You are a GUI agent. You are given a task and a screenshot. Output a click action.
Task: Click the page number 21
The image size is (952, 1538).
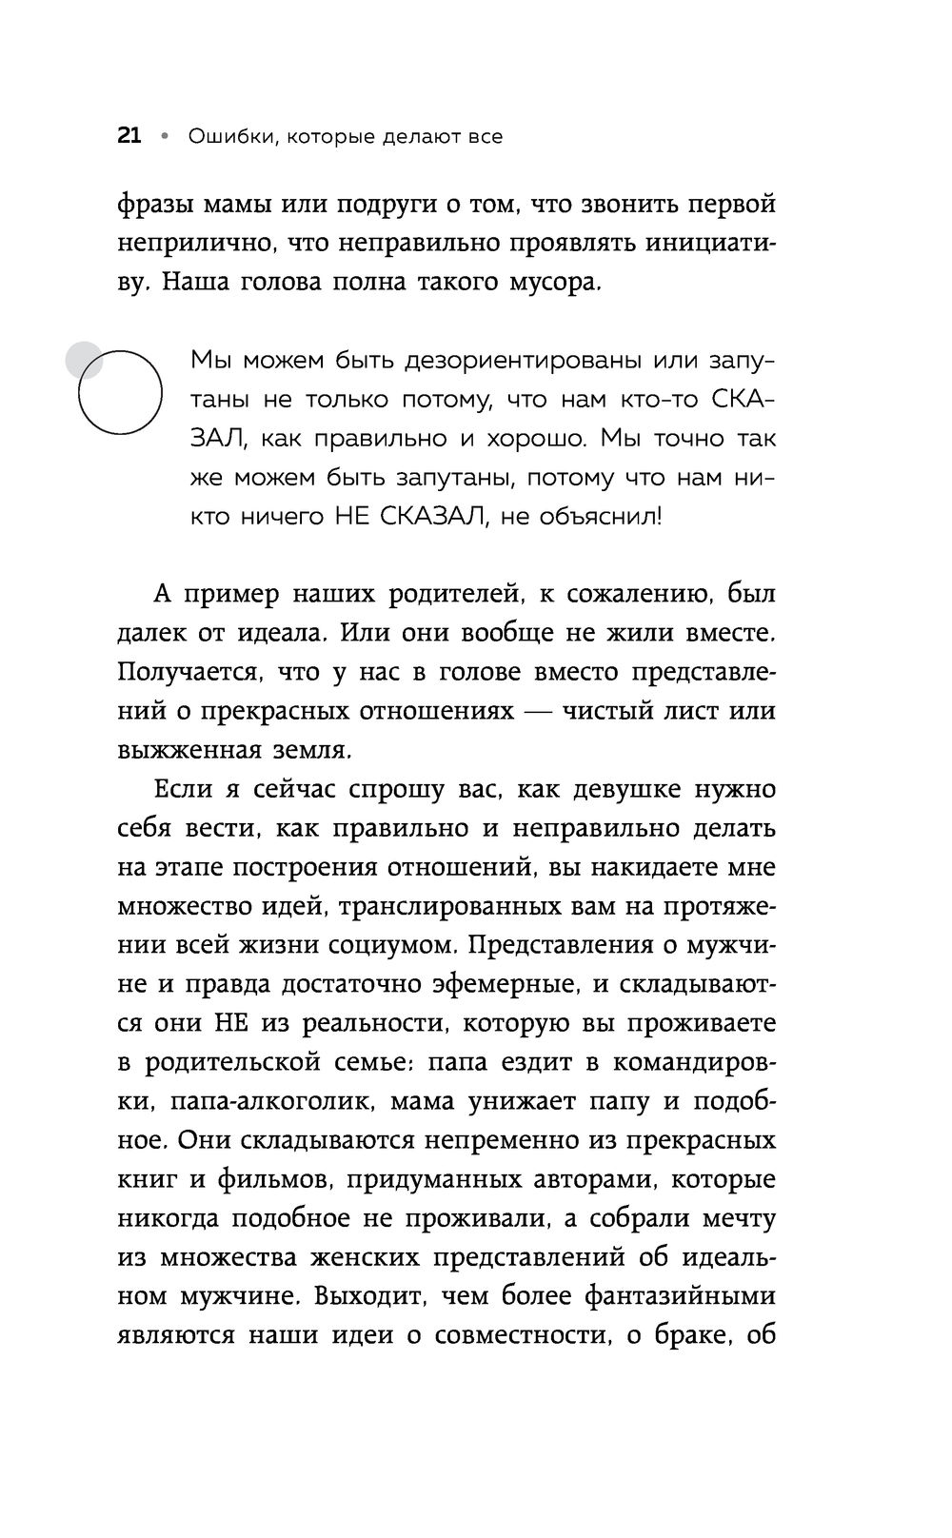pos(129,136)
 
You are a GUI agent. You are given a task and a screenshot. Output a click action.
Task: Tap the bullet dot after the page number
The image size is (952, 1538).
pos(164,137)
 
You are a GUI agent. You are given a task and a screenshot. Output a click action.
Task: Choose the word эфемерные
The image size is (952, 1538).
pos(526,985)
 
